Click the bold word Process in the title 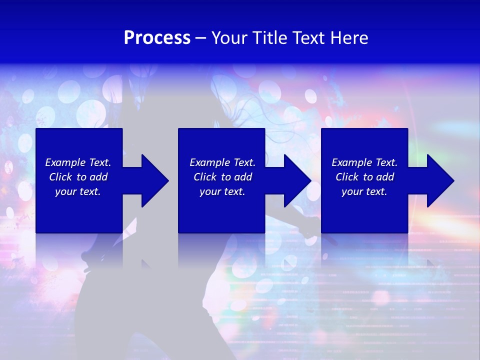[157, 38]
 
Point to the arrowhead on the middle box [298, 180]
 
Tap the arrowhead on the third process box [441, 180]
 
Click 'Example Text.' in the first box [78, 162]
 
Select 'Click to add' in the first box [78, 177]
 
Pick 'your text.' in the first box [78, 191]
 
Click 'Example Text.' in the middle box [222, 162]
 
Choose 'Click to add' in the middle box [222, 177]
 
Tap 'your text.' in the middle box [222, 191]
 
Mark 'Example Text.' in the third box [364, 162]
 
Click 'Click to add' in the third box [364, 177]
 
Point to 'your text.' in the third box [364, 191]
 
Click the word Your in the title [229, 38]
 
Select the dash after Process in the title [200, 38]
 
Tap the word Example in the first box [64, 162]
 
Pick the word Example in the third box [351, 162]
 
